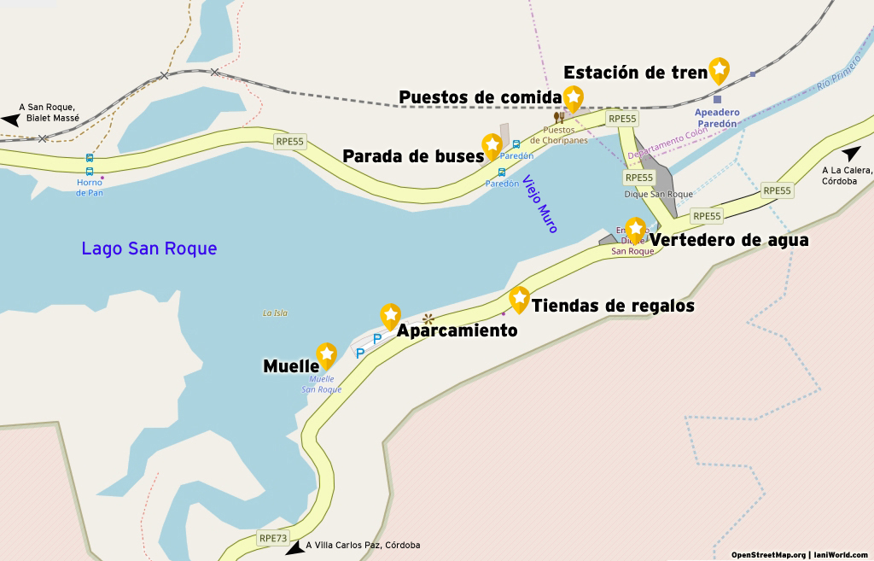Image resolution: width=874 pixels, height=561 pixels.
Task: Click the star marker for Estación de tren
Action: click(720, 69)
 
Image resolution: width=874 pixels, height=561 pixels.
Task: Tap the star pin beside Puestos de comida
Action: click(574, 97)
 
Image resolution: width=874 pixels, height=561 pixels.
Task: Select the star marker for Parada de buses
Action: click(492, 145)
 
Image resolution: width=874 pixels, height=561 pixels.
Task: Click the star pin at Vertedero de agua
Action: click(635, 229)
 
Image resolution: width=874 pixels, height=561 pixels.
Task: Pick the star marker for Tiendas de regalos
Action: click(519, 298)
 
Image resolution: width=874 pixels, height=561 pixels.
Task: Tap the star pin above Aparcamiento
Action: click(390, 315)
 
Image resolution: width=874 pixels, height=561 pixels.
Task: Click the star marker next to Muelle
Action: click(326, 354)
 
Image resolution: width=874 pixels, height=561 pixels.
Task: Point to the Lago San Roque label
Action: click(149, 248)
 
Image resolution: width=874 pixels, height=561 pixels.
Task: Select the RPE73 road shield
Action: click(273, 538)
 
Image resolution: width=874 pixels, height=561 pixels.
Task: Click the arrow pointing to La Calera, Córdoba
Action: click(851, 154)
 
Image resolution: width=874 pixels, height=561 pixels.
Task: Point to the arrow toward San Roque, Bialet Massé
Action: click(10, 120)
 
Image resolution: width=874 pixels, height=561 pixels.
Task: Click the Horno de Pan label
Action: click(90, 187)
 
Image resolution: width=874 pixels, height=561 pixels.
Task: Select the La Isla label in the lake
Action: click(275, 313)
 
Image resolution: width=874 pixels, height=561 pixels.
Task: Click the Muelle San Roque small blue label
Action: click(321, 384)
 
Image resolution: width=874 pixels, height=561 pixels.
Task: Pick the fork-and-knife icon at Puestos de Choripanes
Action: click(559, 118)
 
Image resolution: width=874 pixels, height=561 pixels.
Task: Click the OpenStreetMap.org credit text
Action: click(768, 554)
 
